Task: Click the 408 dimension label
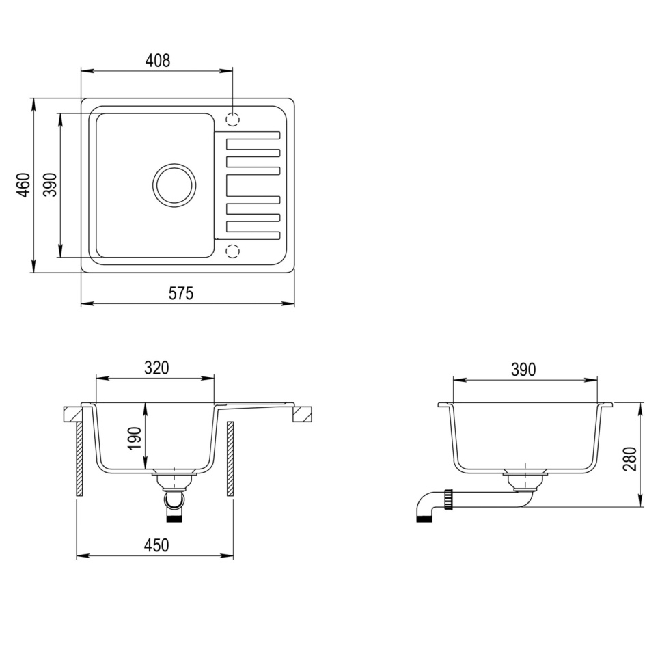pyautogui.click(x=157, y=60)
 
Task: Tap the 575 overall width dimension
pyautogui.click(x=181, y=293)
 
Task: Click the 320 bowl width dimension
pyautogui.click(x=156, y=368)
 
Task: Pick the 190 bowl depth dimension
pyautogui.click(x=135, y=437)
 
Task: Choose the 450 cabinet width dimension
pyautogui.click(x=156, y=545)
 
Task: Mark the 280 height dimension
pyautogui.click(x=629, y=458)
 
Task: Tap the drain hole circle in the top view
pyautogui.click(x=174, y=185)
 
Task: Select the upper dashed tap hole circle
pyautogui.click(x=232, y=120)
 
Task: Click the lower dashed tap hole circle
pyautogui.click(x=232, y=251)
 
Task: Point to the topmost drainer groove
pyautogui.click(x=253, y=135)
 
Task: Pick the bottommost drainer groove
pyautogui.click(x=253, y=235)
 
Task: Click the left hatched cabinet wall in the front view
pyautogui.click(x=79, y=458)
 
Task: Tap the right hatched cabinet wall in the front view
pyautogui.click(x=230, y=458)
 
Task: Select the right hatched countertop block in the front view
pyautogui.click(x=303, y=414)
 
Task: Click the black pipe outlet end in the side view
pyautogui.click(x=424, y=518)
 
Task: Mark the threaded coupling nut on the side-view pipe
pyautogui.click(x=449, y=499)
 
